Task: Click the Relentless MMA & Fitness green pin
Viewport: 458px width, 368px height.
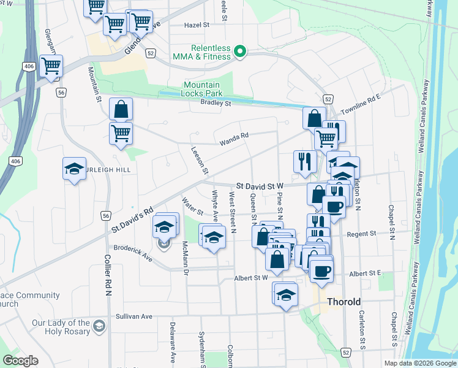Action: point(241,52)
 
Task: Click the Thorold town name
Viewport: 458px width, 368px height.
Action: point(343,302)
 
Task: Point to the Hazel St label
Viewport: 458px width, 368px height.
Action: point(197,25)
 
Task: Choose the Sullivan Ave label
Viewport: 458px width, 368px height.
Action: point(134,317)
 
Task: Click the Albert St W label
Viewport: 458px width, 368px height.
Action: point(252,278)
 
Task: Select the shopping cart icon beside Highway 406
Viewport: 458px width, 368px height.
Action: point(51,66)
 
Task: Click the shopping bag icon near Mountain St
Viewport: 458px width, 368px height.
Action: point(121,109)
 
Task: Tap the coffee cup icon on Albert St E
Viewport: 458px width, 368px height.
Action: point(321,270)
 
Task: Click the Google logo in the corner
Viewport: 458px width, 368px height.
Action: point(21,361)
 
